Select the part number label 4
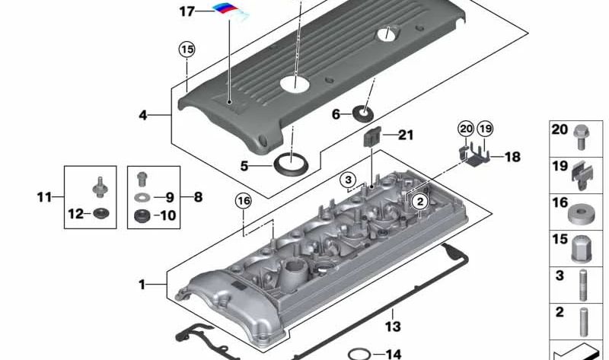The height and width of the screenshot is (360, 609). (x=143, y=116)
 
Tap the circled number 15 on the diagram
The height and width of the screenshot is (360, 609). (x=187, y=49)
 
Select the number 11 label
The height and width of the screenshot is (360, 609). (x=44, y=197)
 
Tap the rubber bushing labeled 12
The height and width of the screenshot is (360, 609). (x=99, y=214)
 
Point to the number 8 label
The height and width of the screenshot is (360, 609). (x=197, y=197)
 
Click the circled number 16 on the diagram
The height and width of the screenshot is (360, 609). (x=243, y=201)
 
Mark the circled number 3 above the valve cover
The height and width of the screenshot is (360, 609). (x=348, y=180)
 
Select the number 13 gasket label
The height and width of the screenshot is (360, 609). (x=392, y=327)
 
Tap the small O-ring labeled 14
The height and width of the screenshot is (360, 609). (x=358, y=354)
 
